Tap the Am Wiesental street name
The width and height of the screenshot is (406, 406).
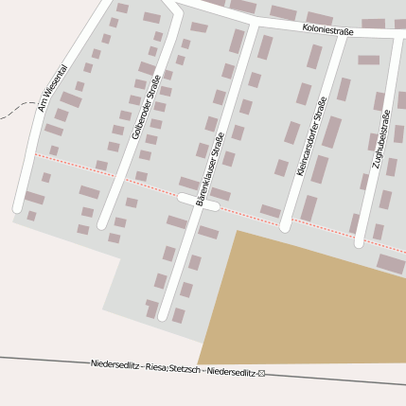pos(52,89)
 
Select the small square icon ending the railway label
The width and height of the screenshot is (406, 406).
pos(262,374)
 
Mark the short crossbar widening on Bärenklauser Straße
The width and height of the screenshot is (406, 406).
pos(198,201)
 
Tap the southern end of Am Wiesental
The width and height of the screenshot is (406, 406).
pos(18,206)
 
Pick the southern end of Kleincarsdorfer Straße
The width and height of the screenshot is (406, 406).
pos(285,227)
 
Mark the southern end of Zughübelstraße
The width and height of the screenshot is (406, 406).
pos(360,242)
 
